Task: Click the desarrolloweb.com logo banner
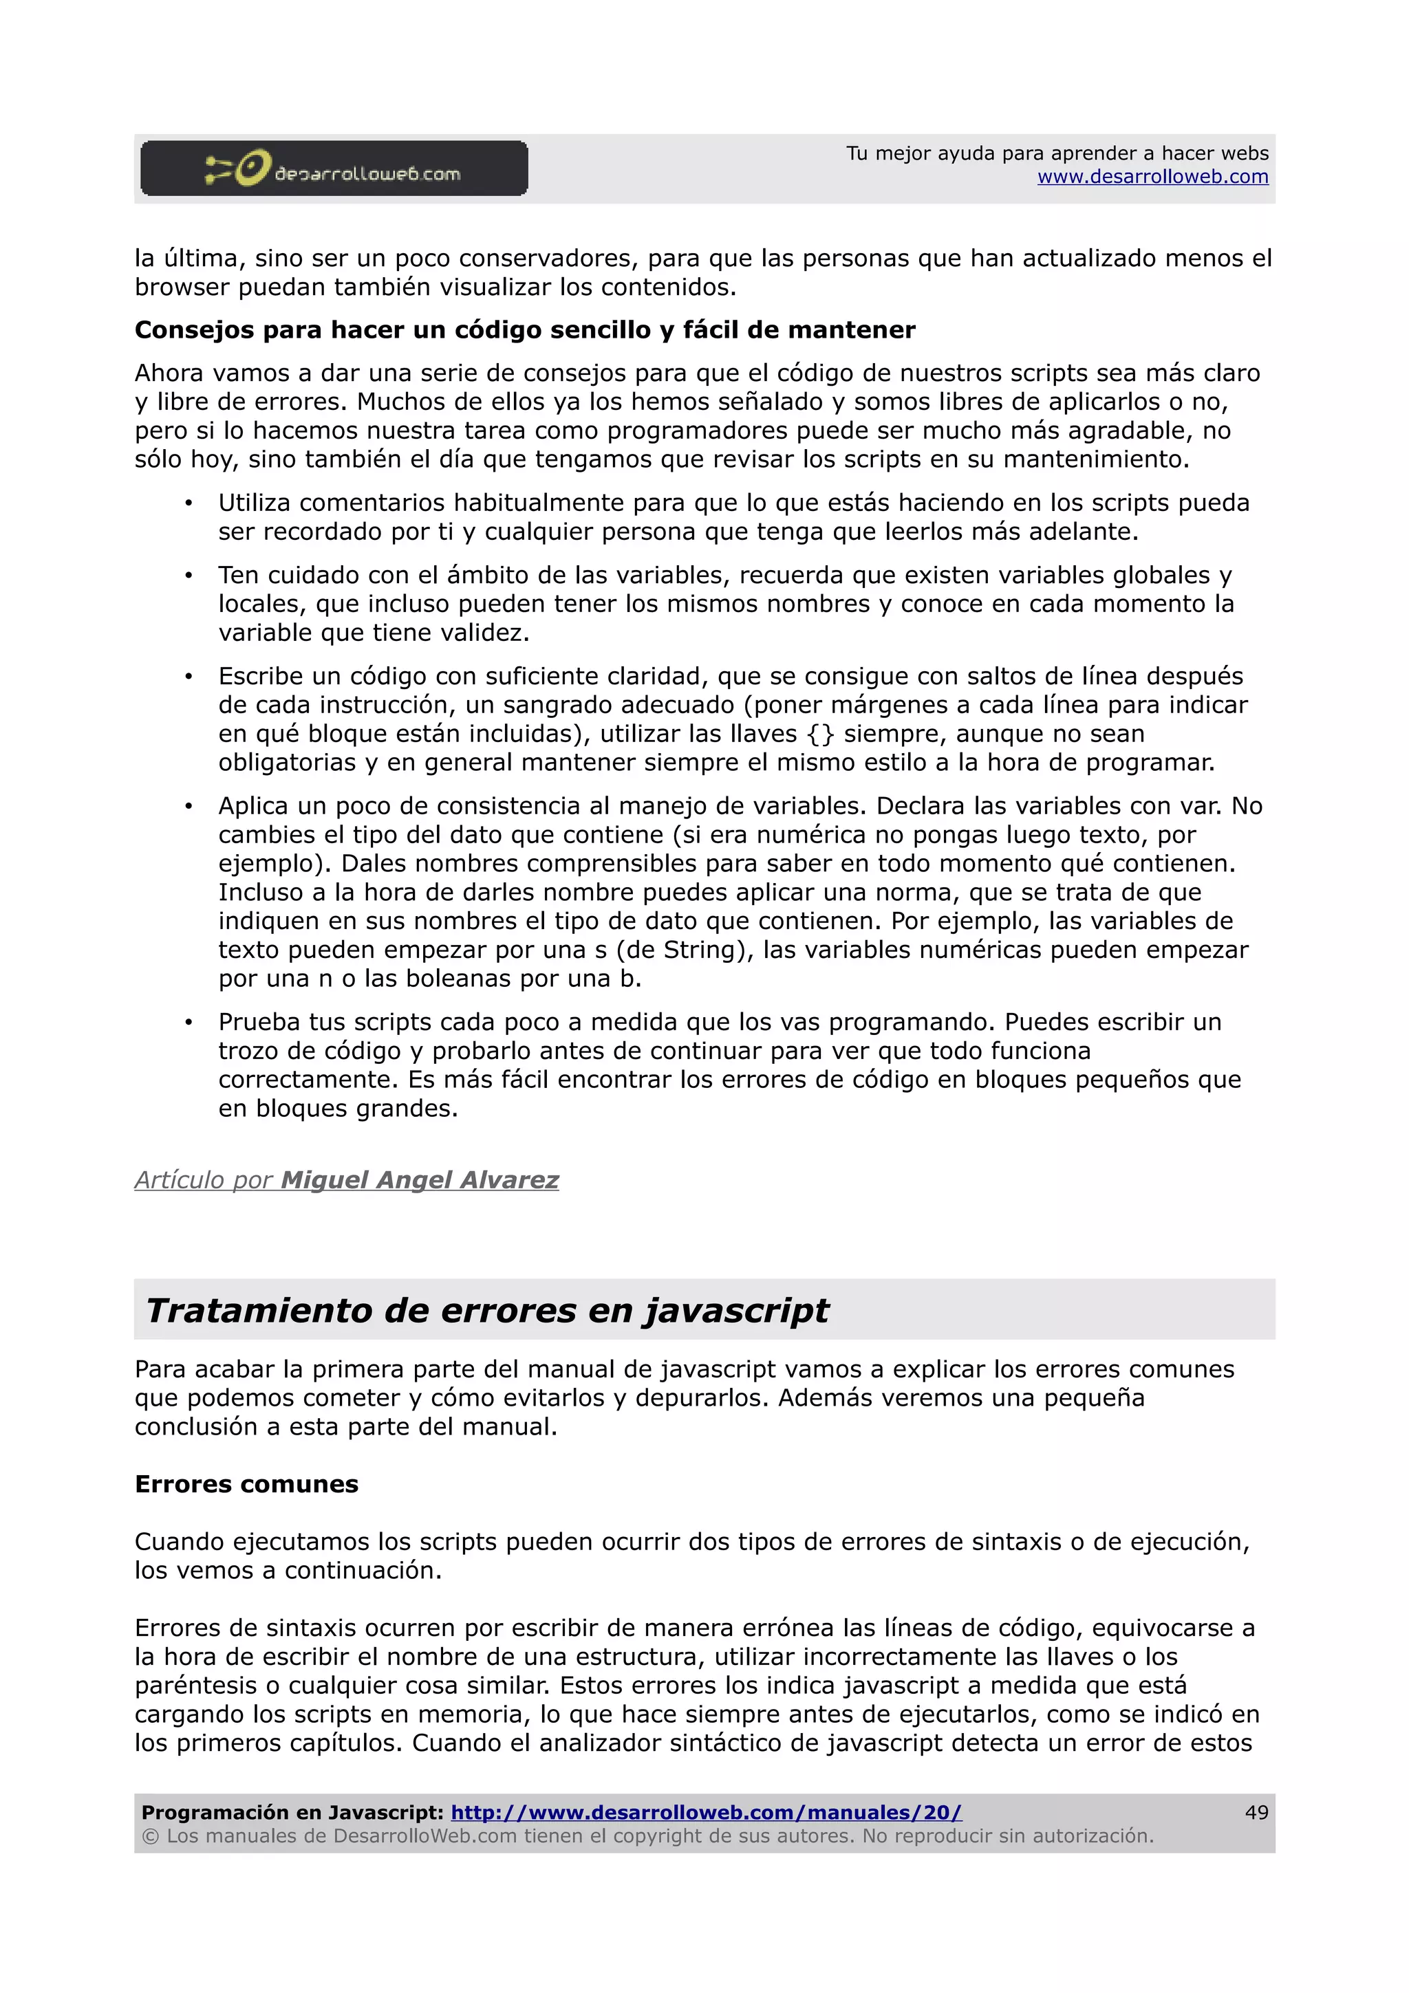334,168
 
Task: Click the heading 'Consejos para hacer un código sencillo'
524,330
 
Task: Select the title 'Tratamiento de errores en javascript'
487,1310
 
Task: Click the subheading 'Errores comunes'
246,1483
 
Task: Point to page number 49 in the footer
1256,1812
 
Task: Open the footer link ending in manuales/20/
706,1812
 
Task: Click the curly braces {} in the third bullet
819,734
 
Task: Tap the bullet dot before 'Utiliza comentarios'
189,503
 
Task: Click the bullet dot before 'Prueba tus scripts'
189,1023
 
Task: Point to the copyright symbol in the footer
150,1836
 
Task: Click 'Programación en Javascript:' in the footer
292,1812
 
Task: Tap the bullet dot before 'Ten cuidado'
189,576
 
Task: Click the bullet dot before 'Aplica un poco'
189,807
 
